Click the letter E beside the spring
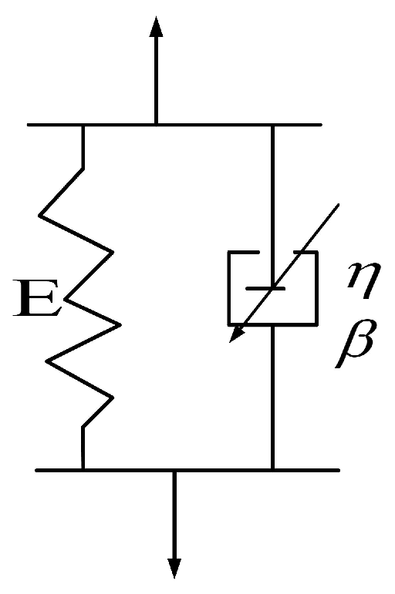[x=39, y=303]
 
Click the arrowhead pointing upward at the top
[x=156, y=27]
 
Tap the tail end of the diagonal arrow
[x=337, y=203]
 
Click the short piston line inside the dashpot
[x=265, y=288]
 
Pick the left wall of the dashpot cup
[x=228, y=288]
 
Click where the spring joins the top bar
[x=83, y=125]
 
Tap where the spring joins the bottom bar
[x=83, y=469]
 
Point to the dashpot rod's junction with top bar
[x=272, y=125]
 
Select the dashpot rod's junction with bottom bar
[x=272, y=469]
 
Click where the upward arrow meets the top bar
[x=156, y=124]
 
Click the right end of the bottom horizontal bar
[x=337, y=469]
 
